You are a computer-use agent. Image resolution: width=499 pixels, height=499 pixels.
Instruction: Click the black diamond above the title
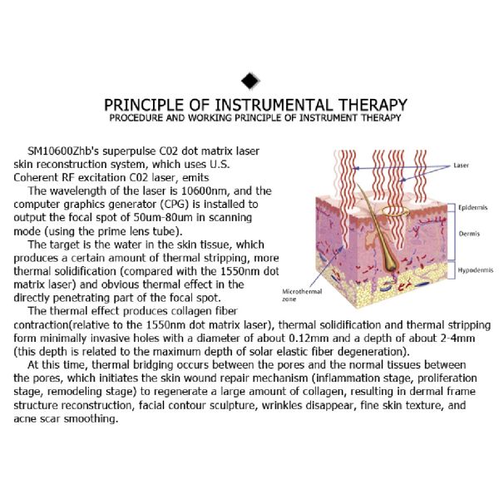tap(250, 81)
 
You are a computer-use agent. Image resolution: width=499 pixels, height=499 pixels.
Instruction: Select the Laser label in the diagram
tap(461, 166)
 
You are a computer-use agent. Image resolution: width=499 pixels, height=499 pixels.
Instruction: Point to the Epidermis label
tap(472, 207)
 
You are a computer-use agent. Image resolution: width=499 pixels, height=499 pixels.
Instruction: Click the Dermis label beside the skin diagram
tap(469, 234)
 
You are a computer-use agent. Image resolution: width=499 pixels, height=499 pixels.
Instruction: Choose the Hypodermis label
tap(476, 270)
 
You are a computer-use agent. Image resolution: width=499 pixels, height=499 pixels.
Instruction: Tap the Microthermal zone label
tap(302, 295)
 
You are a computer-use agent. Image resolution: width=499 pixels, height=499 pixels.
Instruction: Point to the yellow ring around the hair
tap(394, 210)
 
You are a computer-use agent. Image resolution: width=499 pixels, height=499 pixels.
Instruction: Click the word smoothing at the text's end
tap(91, 419)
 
